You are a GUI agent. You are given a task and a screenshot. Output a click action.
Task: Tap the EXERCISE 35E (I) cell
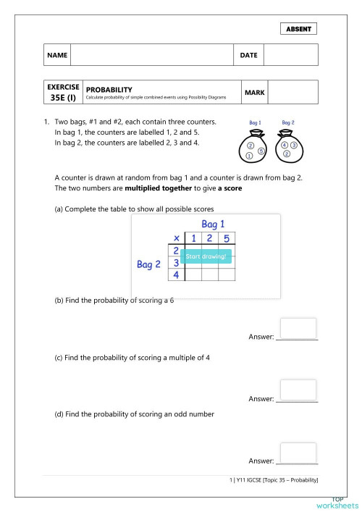pyautogui.click(x=61, y=93)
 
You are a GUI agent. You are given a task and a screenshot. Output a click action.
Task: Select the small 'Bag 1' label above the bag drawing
pyautogui.click(x=253, y=123)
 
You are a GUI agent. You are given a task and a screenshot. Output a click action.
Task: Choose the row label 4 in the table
pyautogui.click(x=175, y=274)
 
